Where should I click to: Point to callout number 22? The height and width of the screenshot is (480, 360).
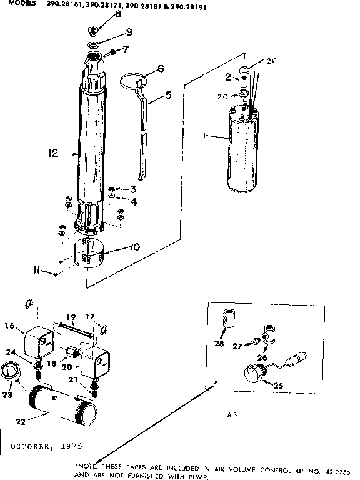pyautogui.click(x=21, y=421)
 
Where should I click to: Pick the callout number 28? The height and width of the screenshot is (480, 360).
pyautogui.click(x=219, y=342)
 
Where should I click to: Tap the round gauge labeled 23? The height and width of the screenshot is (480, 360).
pyautogui.click(x=11, y=371)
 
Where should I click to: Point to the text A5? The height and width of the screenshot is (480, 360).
pyautogui.click(x=231, y=414)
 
